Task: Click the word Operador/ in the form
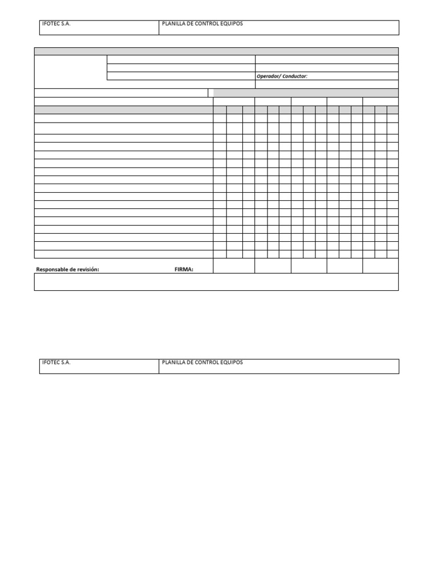[269, 76]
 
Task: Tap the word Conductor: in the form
[295, 76]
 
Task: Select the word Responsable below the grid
[53, 270]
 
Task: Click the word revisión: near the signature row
[88, 270]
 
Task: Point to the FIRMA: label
[184, 270]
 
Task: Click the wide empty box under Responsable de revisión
[216, 282]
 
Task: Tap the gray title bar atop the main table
[216, 51]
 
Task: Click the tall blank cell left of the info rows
[71, 71]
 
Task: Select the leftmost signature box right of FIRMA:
[234, 266]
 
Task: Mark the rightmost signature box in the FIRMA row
[380, 266]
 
